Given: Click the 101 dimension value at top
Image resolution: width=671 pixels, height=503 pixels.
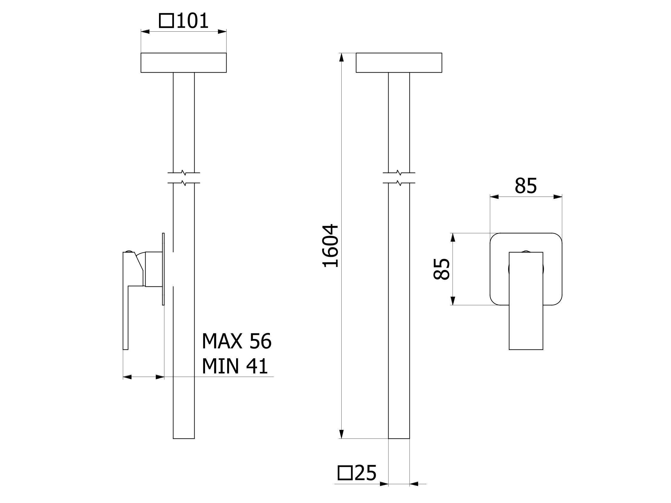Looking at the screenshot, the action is [x=192, y=21].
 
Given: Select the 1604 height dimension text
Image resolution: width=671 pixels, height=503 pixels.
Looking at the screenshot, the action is [x=330, y=246].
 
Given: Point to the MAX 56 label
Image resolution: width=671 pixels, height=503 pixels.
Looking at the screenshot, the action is [x=237, y=341].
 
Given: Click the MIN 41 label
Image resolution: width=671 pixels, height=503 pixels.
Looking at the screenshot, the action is [x=235, y=366].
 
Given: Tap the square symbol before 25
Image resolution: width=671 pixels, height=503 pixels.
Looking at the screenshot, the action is [x=345, y=473].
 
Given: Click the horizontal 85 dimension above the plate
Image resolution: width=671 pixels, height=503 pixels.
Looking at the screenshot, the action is [x=526, y=186].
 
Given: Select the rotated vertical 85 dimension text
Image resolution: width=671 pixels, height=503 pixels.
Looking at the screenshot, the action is [x=442, y=269].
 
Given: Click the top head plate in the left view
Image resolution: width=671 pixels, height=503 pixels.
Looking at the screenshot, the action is [x=184, y=63].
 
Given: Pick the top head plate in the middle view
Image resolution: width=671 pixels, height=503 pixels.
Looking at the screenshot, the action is [x=399, y=63].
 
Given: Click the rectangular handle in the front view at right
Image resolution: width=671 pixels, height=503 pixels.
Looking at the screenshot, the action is [x=526, y=301].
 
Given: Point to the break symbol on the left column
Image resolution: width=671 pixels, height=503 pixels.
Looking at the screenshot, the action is [x=184, y=178].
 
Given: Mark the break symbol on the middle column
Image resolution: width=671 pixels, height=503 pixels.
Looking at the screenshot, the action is [x=399, y=178].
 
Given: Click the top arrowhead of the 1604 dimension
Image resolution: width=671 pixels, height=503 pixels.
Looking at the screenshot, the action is [x=341, y=57].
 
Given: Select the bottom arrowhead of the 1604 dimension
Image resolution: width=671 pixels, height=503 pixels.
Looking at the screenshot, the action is [x=341, y=434].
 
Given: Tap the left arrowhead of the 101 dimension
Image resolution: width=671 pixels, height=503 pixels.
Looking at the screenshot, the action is [x=145, y=32].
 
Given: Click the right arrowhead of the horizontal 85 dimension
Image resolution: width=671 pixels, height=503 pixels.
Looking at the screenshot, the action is [x=558, y=197].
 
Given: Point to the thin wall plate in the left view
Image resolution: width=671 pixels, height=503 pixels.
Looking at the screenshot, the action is [x=163, y=269].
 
